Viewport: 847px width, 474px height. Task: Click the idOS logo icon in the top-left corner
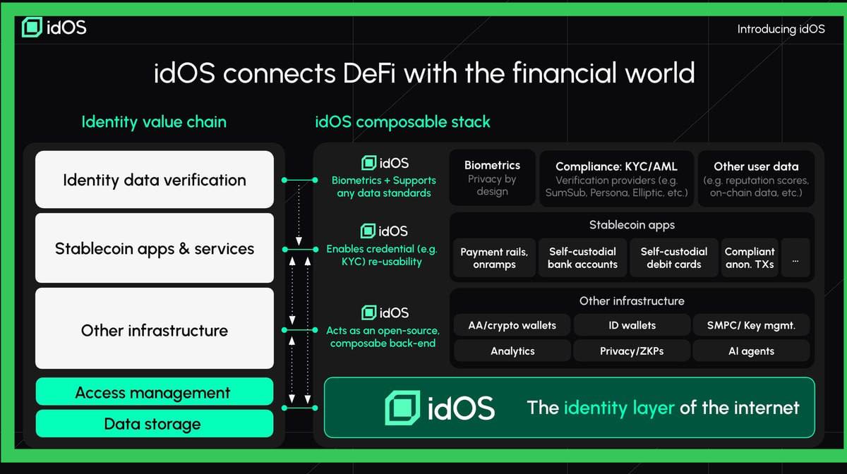(32, 28)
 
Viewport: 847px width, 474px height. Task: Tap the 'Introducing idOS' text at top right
(781, 29)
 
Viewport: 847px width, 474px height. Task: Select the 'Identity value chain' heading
(154, 122)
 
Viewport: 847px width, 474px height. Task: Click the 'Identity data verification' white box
(155, 180)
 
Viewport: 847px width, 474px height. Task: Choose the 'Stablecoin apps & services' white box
(155, 248)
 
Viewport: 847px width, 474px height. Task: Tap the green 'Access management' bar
(153, 393)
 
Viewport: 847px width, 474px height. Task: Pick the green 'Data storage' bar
(153, 424)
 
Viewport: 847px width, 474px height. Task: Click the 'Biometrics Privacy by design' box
(492, 178)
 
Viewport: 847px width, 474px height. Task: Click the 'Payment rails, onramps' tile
(494, 258)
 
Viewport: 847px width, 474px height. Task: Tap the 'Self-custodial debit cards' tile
(673, 258)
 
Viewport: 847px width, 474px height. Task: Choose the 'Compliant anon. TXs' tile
(750, 258)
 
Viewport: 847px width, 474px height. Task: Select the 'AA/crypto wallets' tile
(512, 325)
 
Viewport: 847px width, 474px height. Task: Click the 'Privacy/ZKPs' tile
(632, 351)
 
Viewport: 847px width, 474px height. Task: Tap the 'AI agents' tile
(751, 351)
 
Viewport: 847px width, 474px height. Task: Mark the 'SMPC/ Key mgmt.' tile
(751, 325)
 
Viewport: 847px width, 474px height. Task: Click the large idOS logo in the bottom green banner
(402, 408)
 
